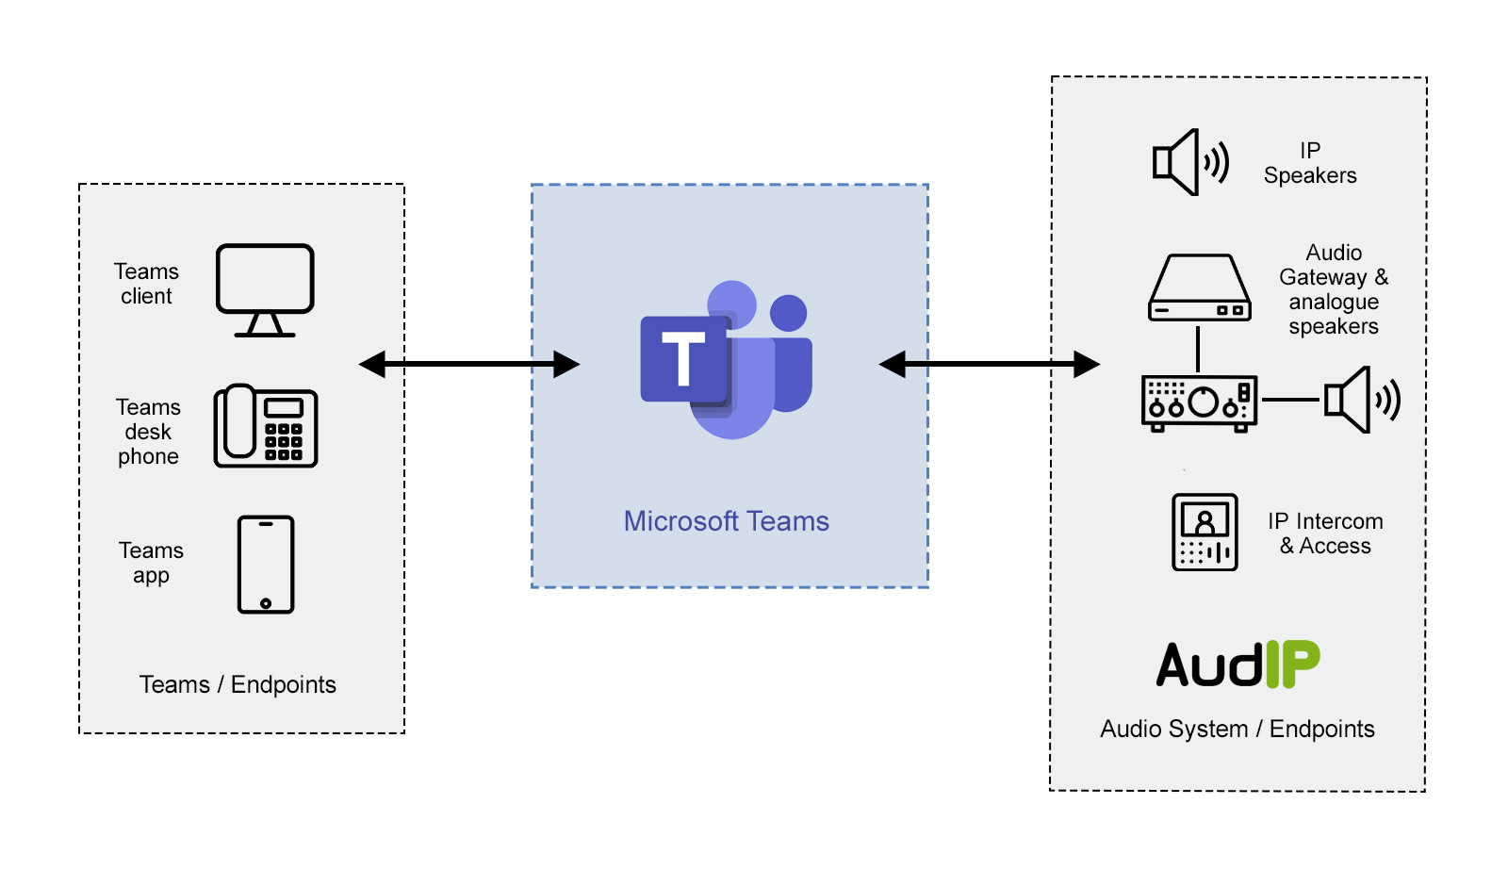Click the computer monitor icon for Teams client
click(x=265, y=288)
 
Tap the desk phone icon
click(x=265, y=426)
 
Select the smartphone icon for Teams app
click(x=266, y=565)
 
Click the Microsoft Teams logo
click(x=726, y=359)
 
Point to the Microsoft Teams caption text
click(x=726, y=521)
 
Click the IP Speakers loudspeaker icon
click(x=1190, y=162)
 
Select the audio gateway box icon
click(x=1199, y=287)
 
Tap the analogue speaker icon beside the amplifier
click(x=1361, y=400)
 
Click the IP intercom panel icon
click(x=1205, y=532)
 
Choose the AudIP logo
click(x=1238, y=665)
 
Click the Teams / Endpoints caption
click(x=238, y=684)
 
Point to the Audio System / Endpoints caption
click(x=1237, y=729)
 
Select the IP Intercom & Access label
click(x=1324, y=533)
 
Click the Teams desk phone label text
click(x=148, y=432)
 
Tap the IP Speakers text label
click(x=1310, y=163)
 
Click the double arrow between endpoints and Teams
click(x=469, y=364)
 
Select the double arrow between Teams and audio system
click(x=989, y=364)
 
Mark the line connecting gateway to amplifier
click(x=1198, y=349)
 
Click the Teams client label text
click(x=146, y=284)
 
